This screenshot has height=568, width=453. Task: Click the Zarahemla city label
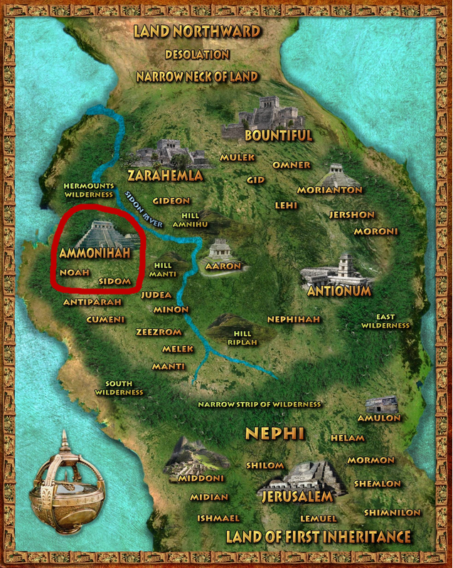(x=165, y=175)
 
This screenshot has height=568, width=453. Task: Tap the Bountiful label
(x=278, y=135)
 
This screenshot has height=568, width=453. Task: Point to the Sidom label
(x=115, y=281)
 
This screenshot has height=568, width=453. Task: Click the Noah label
(x=75, y=273)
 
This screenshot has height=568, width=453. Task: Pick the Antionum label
(x=339, y=291)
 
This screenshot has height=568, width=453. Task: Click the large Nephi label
(x=275, y=433)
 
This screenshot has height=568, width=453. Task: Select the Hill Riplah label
(x=238, y=337)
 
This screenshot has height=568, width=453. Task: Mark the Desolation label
(x=197, y=54)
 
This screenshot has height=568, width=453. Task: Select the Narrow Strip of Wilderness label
(x=260, y=404)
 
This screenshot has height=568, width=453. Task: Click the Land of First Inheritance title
(x=318, y=536)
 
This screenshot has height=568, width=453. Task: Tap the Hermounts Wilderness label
(x=89, y=189)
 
